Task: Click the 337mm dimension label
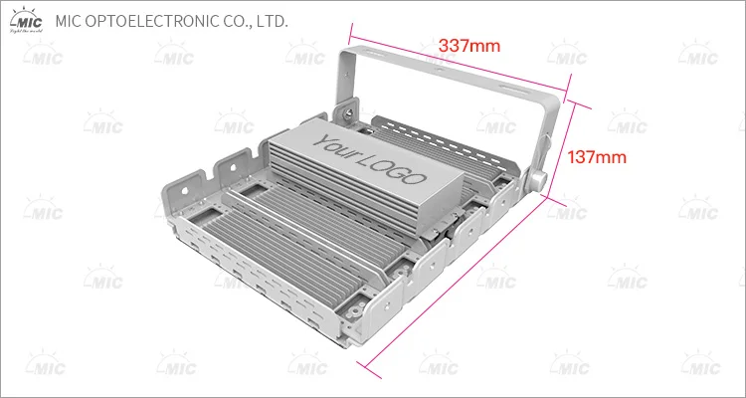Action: coord(469,46)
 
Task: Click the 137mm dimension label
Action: coord(597,157)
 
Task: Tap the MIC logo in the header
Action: coord(27,20)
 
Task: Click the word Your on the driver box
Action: coord(336,145)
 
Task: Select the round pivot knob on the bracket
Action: coord(538,180)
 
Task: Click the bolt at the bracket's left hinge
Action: coord(349,112)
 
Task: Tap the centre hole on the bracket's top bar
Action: coord(440,69)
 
